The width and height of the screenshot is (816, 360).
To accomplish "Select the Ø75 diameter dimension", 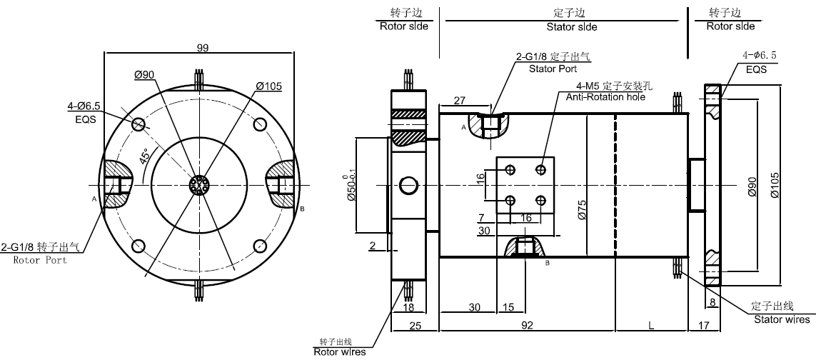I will pyautogui.click(x=582, y=211).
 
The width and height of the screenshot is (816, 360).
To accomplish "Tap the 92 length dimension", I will pyautogui.click(x=527, y=325).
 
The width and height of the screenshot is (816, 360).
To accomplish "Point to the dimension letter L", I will pyautogui.click(x=650, y=325).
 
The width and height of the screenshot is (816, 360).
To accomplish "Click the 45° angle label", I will pyautogui.click(x=146, y=156).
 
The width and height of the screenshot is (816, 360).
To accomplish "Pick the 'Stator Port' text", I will pyautogui.click(x=553, y=69).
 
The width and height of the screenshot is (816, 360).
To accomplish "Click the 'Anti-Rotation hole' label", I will pyautogui.click(x=605, y=96).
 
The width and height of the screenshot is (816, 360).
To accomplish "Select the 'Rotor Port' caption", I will pyautogui.click(x=40, y=260).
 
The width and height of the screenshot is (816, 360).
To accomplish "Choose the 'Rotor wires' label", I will pyautogui.click(x=339, y=351).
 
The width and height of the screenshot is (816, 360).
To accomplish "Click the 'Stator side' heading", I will pyautogui.click(x=572, y=27).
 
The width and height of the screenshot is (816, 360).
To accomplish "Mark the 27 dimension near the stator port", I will pyautogui.click(x=460, y=99).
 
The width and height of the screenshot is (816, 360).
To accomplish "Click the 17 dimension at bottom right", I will pyautogui.click(x=705, y=325).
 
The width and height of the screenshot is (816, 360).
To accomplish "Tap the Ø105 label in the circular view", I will pyautogui.click(x=269, y=86).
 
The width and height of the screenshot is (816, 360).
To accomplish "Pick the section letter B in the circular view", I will pyautogui.click(x=303, y=209).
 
